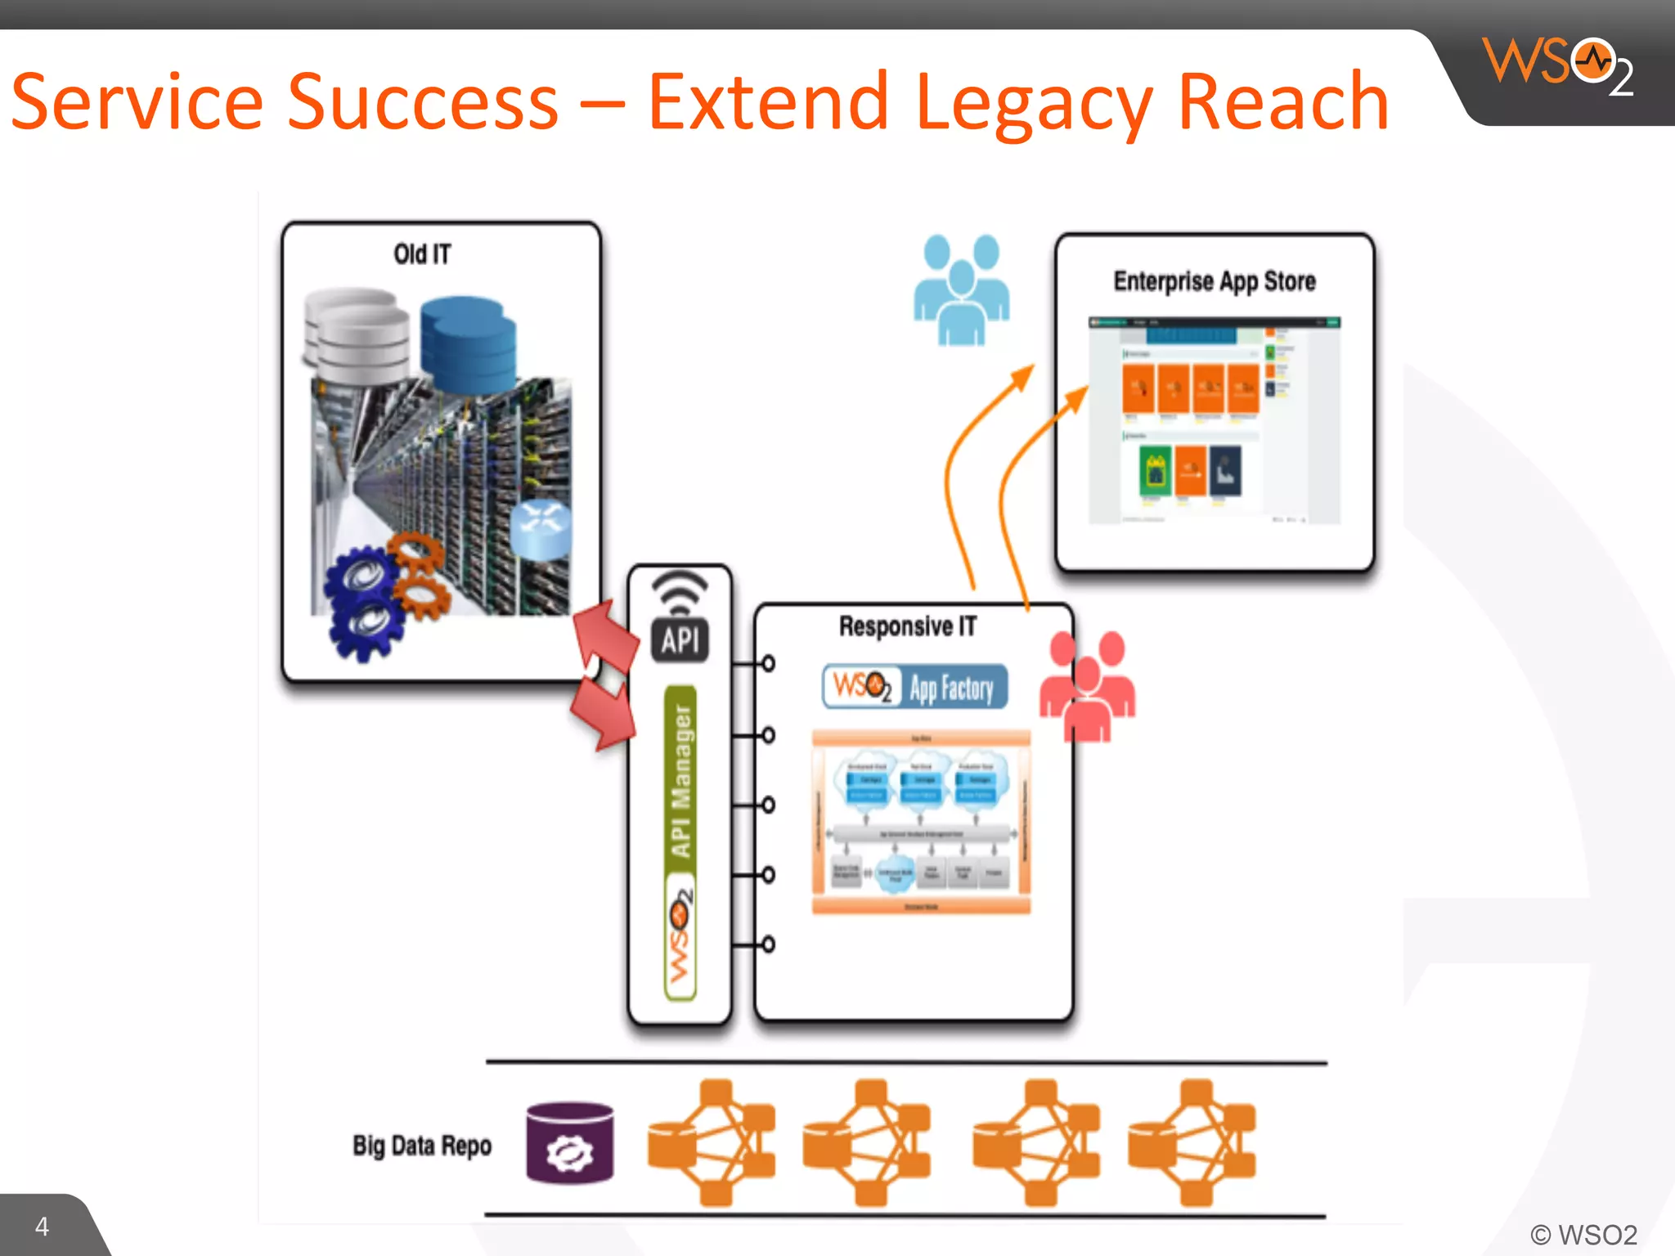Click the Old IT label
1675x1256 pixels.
point(422,254)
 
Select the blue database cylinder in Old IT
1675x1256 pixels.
point(468,343)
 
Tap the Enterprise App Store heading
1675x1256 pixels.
point(1215,281)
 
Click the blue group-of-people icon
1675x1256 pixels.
point(962,289)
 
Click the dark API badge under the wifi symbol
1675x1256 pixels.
point(680,639)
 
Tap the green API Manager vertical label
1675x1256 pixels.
point(680,781)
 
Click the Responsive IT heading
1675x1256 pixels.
point(908,626)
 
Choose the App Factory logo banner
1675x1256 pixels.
point(915,687)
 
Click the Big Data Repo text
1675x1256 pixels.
point(422,1146)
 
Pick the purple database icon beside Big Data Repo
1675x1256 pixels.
point(570,1143)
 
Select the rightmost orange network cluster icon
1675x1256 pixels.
point(1192,1142)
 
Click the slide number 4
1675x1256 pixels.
point(42,1226)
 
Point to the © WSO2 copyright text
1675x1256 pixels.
point(1583,1234)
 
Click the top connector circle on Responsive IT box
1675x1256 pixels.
point(768,663)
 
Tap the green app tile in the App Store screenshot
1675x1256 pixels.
point(1156,471)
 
